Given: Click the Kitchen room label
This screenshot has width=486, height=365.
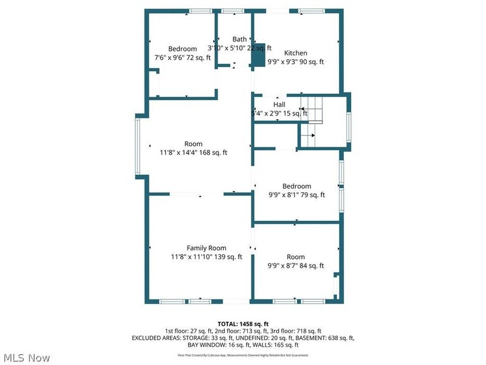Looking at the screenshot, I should coord(296,53).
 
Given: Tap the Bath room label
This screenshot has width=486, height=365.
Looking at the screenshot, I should coord(239,39).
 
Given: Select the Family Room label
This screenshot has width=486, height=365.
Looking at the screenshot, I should coord(207,248).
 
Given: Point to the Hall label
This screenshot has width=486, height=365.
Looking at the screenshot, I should coord(279,105).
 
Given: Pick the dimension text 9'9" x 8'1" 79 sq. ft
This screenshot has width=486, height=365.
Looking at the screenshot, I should coord(296,195).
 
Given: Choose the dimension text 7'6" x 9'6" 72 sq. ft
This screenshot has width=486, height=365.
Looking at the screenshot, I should coord(183,58).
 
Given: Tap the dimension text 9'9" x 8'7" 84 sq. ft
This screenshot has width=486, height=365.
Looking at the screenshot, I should coord(296,266).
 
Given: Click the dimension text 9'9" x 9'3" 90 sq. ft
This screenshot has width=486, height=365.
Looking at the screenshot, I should coord(296,61).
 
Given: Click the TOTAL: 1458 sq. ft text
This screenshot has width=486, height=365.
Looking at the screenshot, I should coord(243,323).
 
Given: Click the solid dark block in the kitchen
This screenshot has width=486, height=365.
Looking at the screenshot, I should coord(259,55).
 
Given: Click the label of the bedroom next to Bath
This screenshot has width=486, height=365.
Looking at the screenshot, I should coord(182,49).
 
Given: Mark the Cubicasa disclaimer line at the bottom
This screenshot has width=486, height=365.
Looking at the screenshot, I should coord(243,355).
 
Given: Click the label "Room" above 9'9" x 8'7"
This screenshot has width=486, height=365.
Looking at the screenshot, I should coord(296,257).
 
